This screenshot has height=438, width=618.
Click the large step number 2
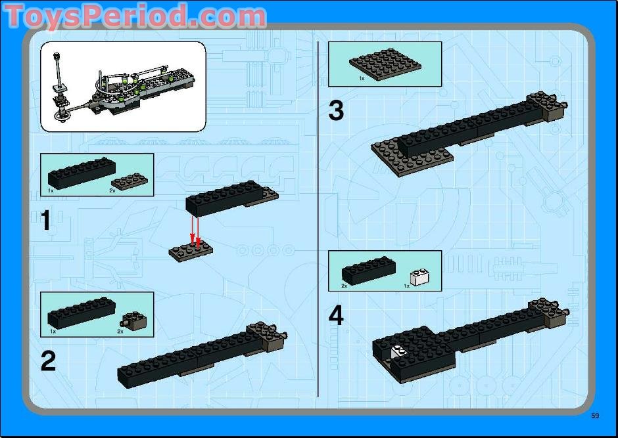click(x=48, y=361)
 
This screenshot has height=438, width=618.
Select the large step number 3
click(x=336, y=110)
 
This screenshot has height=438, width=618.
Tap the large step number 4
click(x=336, y=316)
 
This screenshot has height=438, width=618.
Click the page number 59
click(x=595, y=416)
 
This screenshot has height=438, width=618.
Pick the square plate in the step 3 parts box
click(x=385, y=64)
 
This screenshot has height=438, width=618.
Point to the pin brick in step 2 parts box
click(x=133, y=320)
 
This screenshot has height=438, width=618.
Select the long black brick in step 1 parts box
click(x=82, y=173)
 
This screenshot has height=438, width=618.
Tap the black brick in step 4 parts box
click(x=369, y=271)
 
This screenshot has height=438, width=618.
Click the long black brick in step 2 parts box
click(x=82, y=313)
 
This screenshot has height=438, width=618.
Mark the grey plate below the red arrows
click(x=191, y=251)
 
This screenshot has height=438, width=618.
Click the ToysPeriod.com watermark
click(x=135, y=16)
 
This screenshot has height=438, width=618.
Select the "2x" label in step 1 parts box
click(x=112, y=190)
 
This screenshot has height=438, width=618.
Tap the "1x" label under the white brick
click(x=406, y=286)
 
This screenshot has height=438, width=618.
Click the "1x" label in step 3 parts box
click(x=362, y=79)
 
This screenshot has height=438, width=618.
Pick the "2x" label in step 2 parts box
click(x=120, y=332)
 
